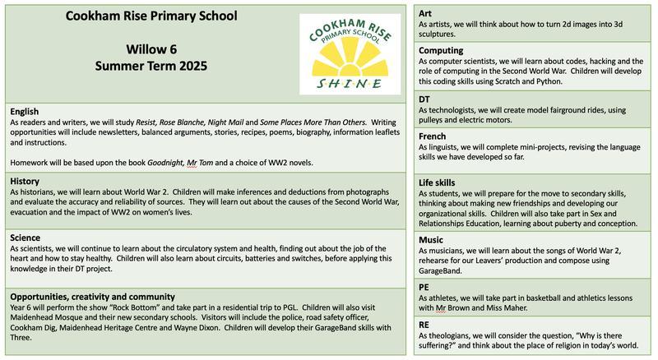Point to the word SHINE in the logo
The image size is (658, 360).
(x=350, y=84)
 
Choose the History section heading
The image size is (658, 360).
(x=27, y=181)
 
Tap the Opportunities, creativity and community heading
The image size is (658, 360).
(x=104, y=295)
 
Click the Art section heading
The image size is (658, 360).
(x=425, y=14)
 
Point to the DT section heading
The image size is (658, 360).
(x=425, y=99)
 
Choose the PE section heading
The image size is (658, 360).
(x=424, y=287)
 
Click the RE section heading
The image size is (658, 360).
(x=424, y=325)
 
